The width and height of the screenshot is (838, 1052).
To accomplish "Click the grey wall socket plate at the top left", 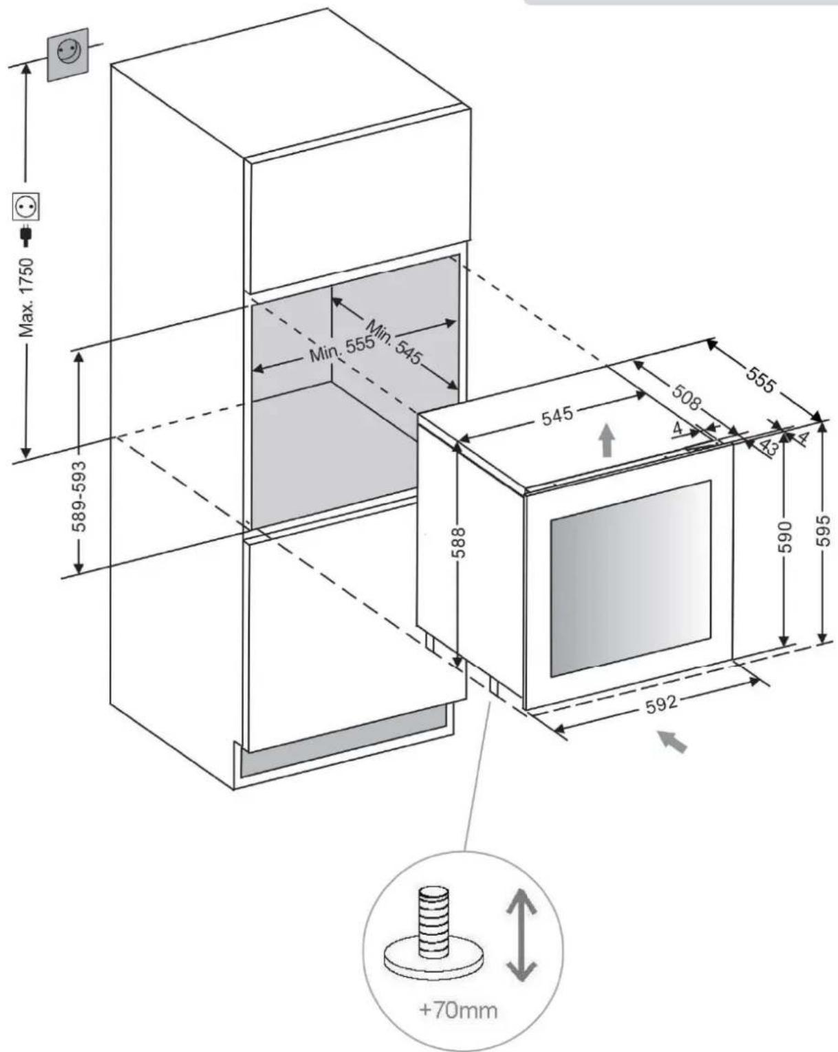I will click(67, 54).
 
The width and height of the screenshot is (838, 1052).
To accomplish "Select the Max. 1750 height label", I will click(27, 298).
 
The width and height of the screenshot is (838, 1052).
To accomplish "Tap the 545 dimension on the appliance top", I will click(557, 416).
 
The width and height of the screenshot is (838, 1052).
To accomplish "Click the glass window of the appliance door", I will click(630, 578).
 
